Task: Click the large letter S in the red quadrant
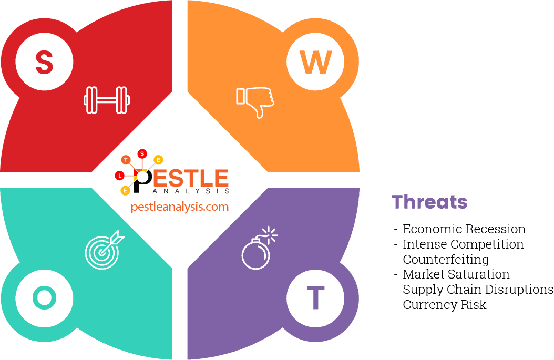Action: click(x=44, y=61)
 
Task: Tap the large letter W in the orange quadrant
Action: click(x=315, y=61)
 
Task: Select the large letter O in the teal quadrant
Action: click(x=44, y=298)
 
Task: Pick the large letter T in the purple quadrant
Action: click(x=315, y=298)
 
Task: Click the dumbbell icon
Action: click(x=107, y=100)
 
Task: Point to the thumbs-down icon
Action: click(x=255, y=101)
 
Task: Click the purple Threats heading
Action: click(x=429, y=202)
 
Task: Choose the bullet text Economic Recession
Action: click(x=464, y=229)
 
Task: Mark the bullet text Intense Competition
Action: click(x=463, y=244)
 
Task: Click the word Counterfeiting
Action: click(x=446, y=260)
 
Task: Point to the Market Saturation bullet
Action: click(x=456, y=274)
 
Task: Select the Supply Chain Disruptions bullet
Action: click(x=477, y=290)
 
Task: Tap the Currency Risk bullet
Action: click(x=444, y=305)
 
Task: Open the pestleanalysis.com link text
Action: click(x=180, y=207)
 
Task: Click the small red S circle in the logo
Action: click(x=142, y=153)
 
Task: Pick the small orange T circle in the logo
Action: click(x=126, y=159)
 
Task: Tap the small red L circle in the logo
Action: click(x=120, y=175)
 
